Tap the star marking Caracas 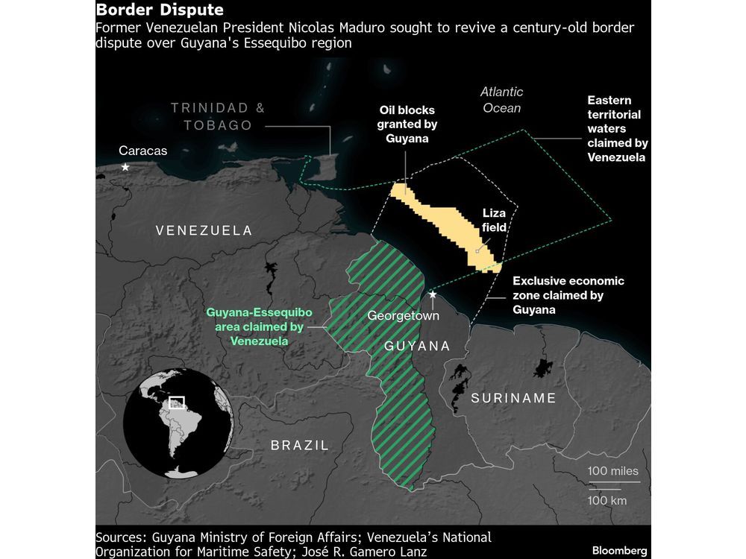pos(125,168)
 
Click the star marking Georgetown pos(433,296)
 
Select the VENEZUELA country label pos(204,231)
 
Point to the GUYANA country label pos(417,346)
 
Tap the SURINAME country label pos(513,398)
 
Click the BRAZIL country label pos(298,446)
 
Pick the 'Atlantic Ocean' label pos(501,100)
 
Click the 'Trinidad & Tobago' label pos(218,116)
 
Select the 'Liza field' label pos(494,221)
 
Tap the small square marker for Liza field pos(477,251)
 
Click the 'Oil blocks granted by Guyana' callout pos(407,124)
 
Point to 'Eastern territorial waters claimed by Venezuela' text pos(618,128)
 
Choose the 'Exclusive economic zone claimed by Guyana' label pos(568,295)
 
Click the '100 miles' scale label pos(613,471)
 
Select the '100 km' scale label pos(607,500)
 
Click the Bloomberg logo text pos(619,551)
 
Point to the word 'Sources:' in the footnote pos(122,537)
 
